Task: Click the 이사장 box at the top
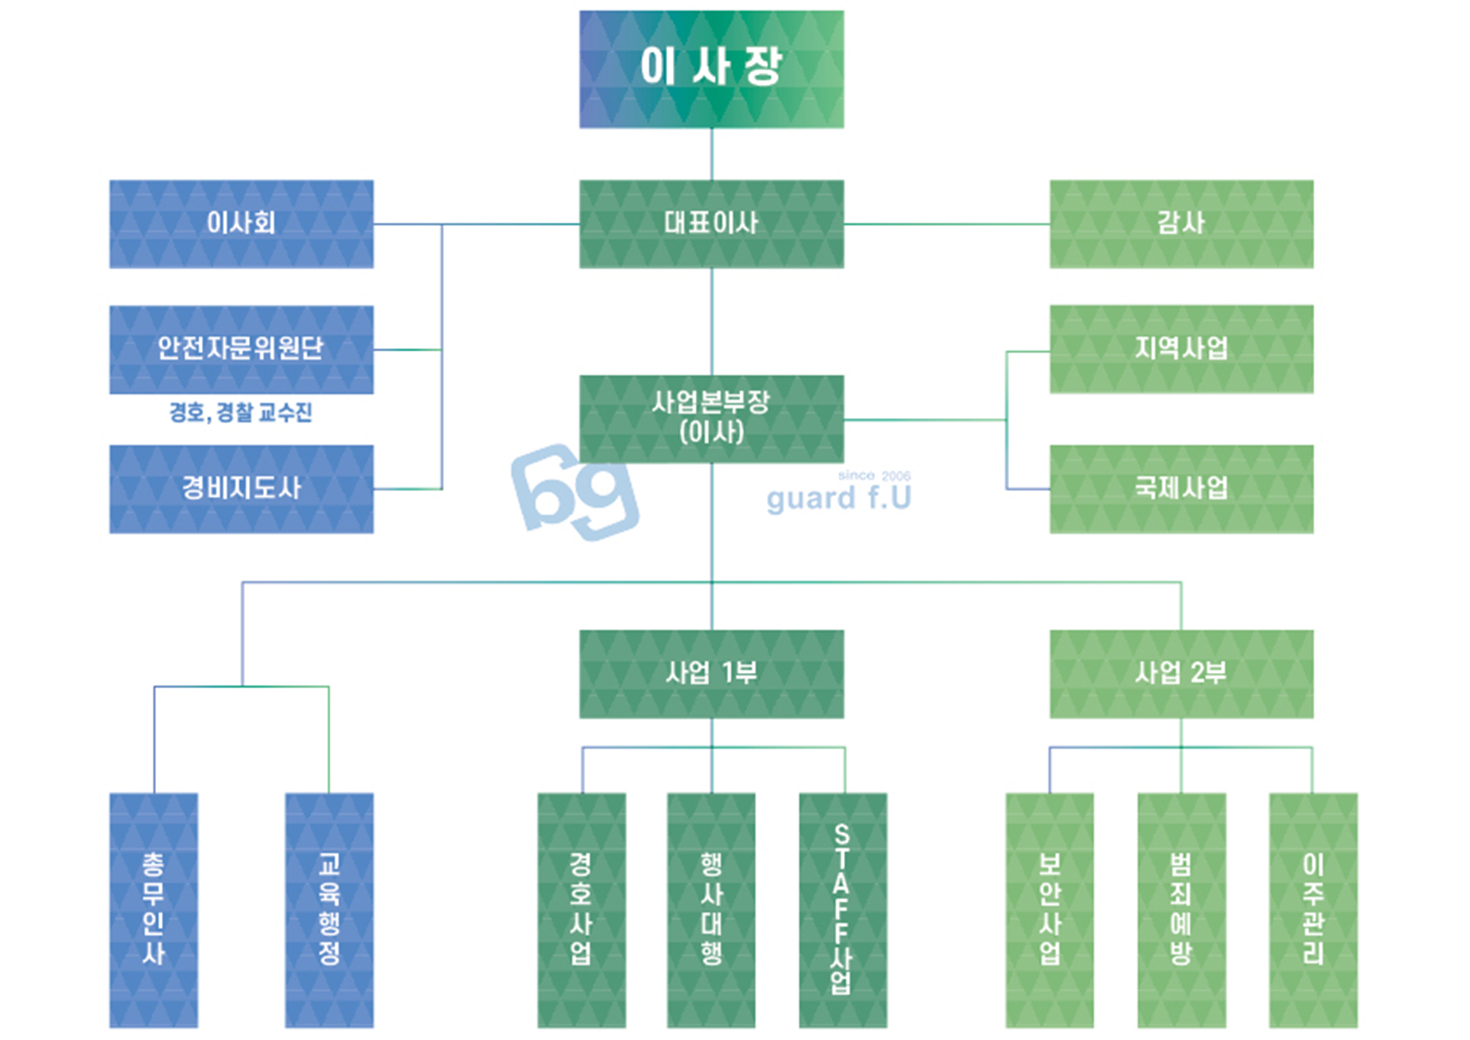[711, 69]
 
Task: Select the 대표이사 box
[711, 224]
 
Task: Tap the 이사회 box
[241, 224]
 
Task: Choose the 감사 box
[1181, 224]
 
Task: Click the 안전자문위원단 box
[241, 349]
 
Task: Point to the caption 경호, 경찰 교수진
[241, 412]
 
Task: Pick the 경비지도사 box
[241, 489]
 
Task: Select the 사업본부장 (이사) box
[711, 417]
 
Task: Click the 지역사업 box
[1181, 349]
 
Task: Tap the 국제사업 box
[1181, 489]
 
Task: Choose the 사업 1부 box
[711, 673]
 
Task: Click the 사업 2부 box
[1181, 673]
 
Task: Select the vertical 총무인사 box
[153, 909]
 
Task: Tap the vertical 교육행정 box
[329, 909]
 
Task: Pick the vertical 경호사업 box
[581, 909]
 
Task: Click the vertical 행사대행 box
[711, 909]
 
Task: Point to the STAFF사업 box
[842, 909]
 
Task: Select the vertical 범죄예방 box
[1181, 909]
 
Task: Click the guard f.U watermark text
[838, 499]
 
